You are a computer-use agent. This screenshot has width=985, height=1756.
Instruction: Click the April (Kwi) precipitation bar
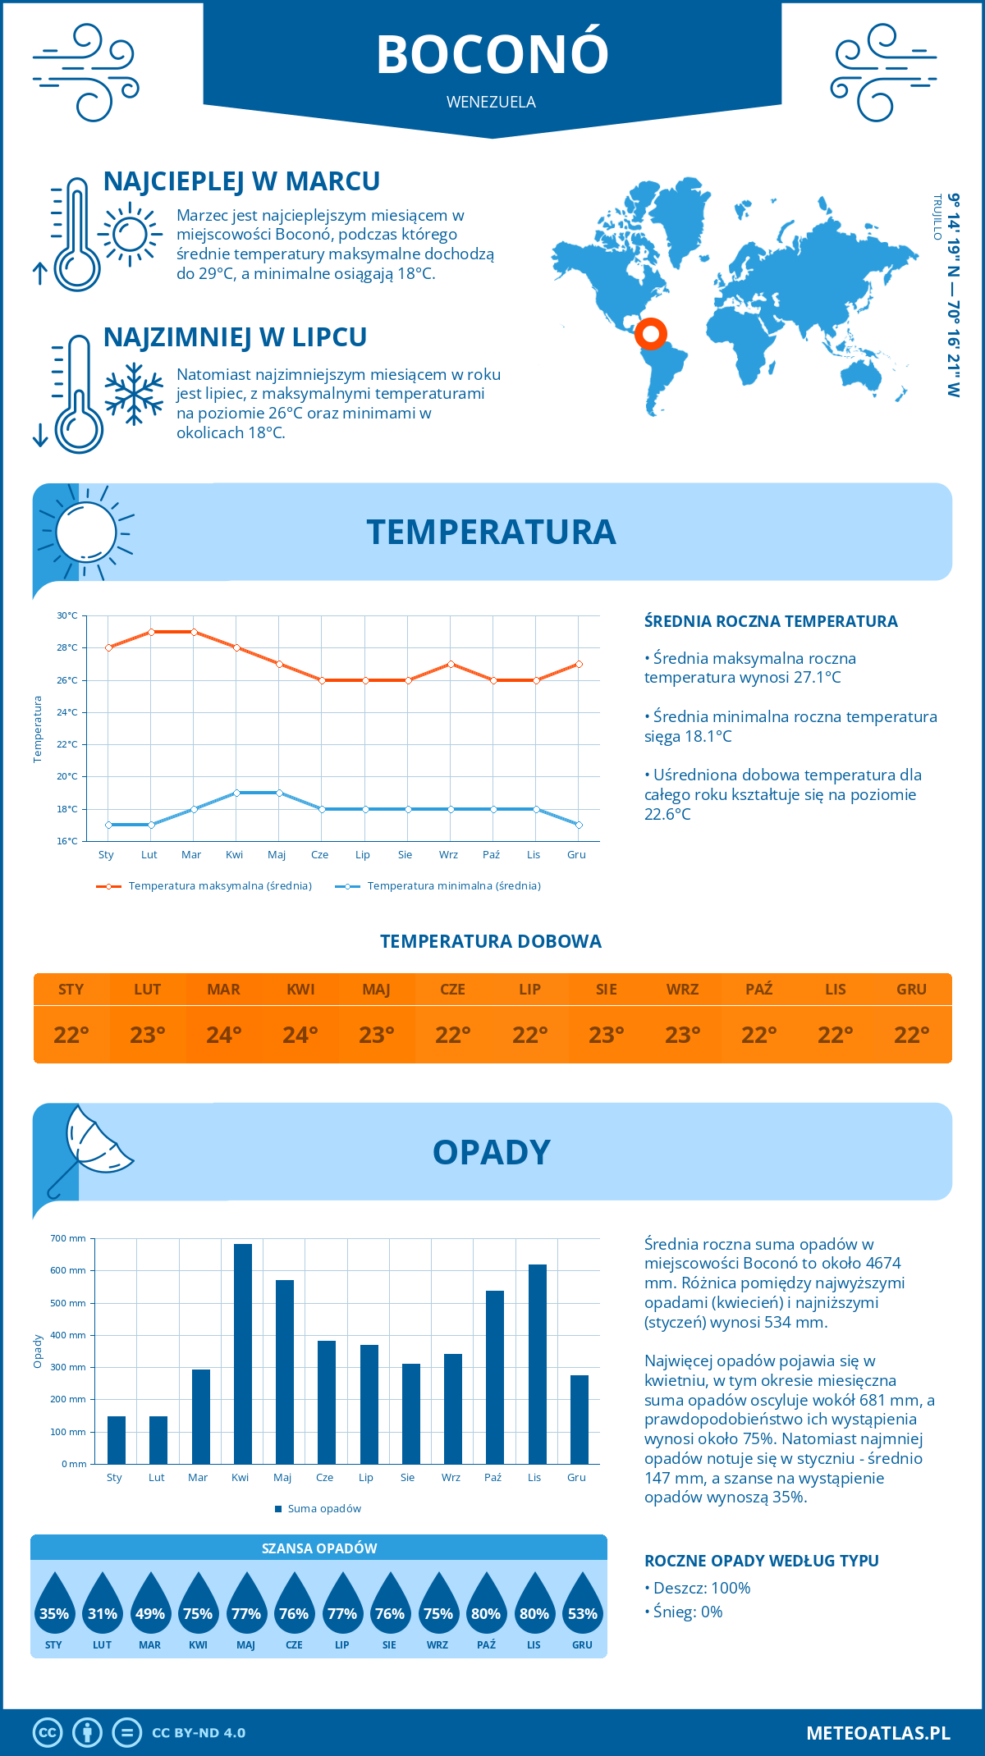pos(243,1354)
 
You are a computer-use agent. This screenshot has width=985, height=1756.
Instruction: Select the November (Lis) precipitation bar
pos(538,1364)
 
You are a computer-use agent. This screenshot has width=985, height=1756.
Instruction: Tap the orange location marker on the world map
pos(651,334)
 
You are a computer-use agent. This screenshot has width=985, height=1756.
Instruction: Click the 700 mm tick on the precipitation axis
pos(69,1238)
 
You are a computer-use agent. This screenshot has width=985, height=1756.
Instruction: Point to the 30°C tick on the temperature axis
pos(67,615)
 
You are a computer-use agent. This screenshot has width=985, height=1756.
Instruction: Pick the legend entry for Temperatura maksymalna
pos(204,886)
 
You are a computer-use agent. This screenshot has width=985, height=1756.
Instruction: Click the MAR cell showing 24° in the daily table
pos(224,1035)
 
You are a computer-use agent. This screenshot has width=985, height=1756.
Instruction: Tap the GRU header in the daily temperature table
pos(911,990)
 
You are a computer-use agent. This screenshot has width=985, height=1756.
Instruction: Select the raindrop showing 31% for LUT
pos(103,1605)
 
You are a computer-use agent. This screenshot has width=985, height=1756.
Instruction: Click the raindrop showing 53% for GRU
pos(583,1605)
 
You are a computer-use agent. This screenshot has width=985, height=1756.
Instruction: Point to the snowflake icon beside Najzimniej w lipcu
pos(134,394)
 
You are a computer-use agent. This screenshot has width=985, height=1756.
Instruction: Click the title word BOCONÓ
pos(492,55)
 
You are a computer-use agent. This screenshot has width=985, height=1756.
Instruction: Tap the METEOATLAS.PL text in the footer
pos(878,1733)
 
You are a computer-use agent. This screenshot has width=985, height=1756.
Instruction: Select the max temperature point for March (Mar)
pos(194,632)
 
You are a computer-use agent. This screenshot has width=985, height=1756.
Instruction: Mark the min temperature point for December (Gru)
pos(579,825)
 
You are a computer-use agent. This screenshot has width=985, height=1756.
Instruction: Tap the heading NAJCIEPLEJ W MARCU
pos(241,181)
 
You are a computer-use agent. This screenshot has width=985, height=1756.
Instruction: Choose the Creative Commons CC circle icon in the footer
pos(48,1733)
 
